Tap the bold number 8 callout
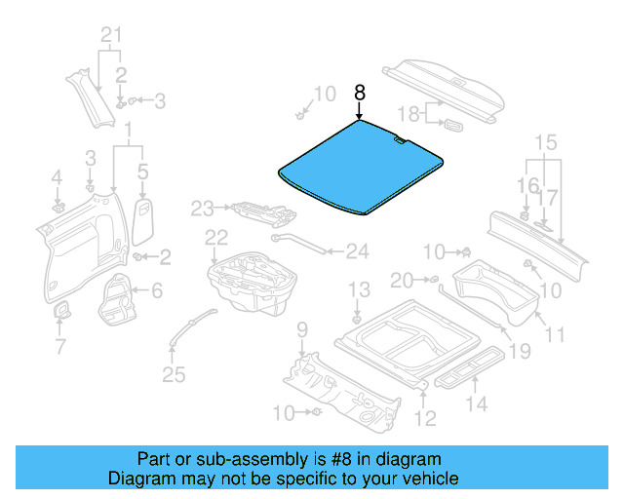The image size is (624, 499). (x=359, y=94)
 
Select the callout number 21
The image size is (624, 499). (x=113, y=38)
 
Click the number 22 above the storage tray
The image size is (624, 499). (x=216, y=237)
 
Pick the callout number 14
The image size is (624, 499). (x=478, y=403)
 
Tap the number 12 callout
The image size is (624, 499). (x=425, y=420)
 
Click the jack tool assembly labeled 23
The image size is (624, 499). (x=259, y=209)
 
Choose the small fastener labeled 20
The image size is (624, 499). (x=432, y=281)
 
